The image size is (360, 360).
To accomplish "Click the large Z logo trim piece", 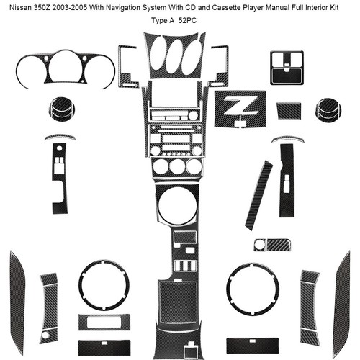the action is coord(240,109).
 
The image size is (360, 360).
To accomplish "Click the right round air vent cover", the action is coord(328,110).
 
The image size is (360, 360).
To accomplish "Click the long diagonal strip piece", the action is coord(258,195).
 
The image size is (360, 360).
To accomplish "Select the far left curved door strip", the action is coord(17,302).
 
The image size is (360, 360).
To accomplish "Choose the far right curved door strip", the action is coord(343,303).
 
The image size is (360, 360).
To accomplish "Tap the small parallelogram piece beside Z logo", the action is coord(289,111).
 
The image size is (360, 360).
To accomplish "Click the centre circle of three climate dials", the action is coord(177,166).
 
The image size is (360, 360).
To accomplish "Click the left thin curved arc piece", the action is coord(60,137).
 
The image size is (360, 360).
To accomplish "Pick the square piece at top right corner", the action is coord(287,68).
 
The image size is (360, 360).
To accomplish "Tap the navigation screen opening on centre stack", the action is coord(174,94).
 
